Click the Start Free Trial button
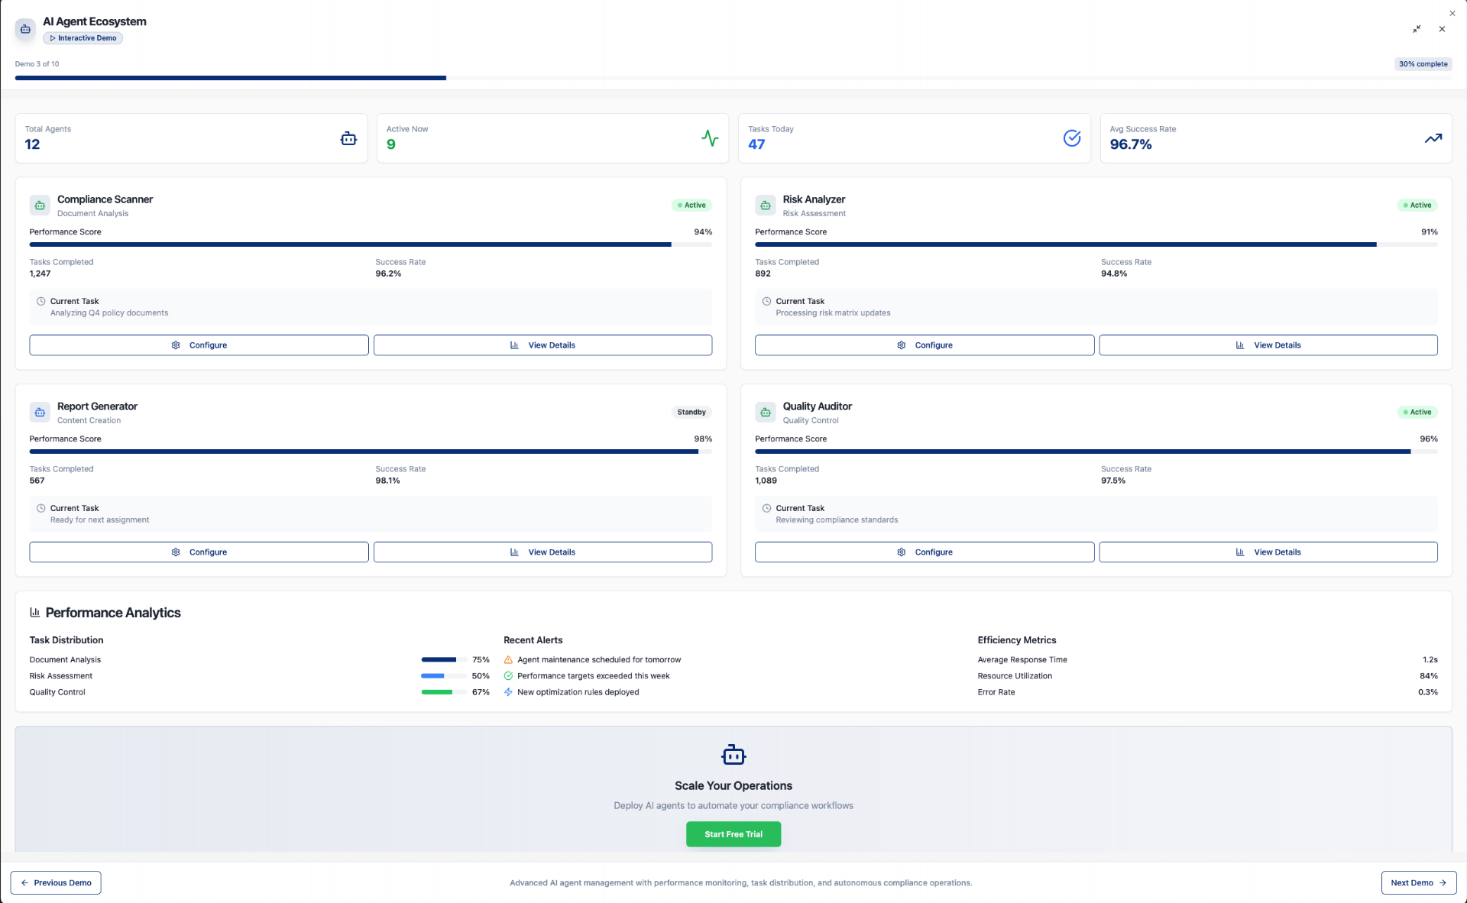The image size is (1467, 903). pyautogui.click(x=733, y=834)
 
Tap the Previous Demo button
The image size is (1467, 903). pyautogui.click(x=56, y=882)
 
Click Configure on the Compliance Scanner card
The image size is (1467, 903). pyautogui.click(x=199, y=345)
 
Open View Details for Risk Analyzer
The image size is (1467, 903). pyautogui.click(x=1268, y=345)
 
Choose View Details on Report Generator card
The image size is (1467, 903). pyautogui.click(x=542, y=552)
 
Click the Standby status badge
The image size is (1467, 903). pyautogui.click(x=691, y=413)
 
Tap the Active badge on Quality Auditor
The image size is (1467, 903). pyautogui.click(x=1417, y=413)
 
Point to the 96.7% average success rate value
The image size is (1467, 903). pyautogui.click(x=1130, y=144)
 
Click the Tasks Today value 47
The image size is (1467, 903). pyautogui.click(x=756, y=144)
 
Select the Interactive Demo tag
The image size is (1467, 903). pyautogui.click(x=83, y=38)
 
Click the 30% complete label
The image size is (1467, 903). pyautogui.click(x=1423, y=64)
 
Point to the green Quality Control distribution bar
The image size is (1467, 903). pyautogui.click(x=437, y=692)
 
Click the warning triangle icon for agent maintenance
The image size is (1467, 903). pyautogui.click(x=508, y=660)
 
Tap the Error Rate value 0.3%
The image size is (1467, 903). pyautogui.click(x=1427, y=692)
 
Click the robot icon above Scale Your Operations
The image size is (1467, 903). pyautogui.click(x=733, y=755)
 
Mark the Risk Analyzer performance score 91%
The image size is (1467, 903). pyautogui.click(x=1429, y=232)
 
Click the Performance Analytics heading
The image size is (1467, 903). pyautogui.click(x=113, y=613)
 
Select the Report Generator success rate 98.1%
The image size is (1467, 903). pyautogui.click(x=387, y=481)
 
